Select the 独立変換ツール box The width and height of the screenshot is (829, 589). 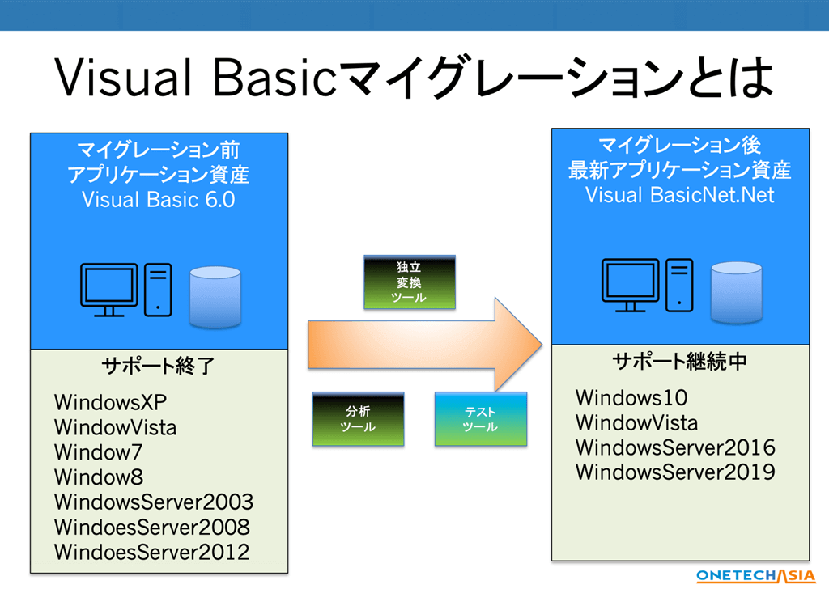409,282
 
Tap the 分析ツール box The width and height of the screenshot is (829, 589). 357,419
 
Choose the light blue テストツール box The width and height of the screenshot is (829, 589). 480,419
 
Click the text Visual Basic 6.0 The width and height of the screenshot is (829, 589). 159,200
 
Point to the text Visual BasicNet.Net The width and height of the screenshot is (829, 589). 679,195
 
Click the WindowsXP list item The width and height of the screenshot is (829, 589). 112,402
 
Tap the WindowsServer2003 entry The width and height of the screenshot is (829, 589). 153,502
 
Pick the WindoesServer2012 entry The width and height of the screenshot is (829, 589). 151,553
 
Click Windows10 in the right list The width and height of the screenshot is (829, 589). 631,397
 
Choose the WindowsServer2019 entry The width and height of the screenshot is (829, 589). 675,472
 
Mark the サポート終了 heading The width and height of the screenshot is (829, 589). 158,367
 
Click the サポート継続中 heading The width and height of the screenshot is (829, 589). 680,361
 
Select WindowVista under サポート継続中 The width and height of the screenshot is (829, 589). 636,422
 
